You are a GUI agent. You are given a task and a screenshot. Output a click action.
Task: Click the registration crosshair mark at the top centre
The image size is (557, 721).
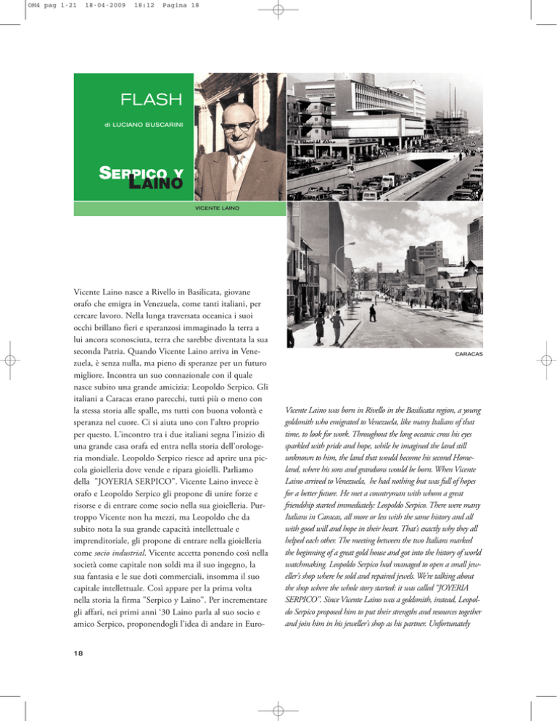pyautogui.click(x=278, y=11)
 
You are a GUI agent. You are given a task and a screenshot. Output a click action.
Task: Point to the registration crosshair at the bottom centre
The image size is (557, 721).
pyautogui.click(x=278, y=709)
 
